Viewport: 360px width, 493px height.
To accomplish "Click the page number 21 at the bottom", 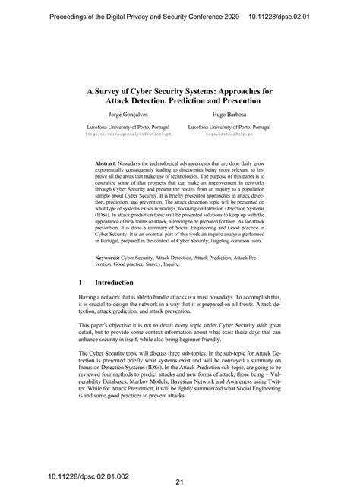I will coord(180,481).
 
